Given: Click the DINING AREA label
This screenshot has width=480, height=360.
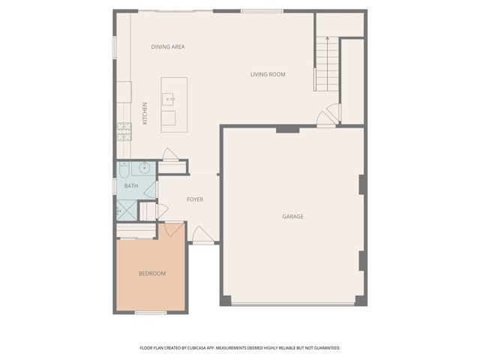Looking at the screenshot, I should (x=168, y=46).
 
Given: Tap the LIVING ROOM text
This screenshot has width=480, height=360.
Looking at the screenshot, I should (x=268, y=74).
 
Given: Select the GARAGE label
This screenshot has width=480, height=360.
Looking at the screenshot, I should (x=292, y=217).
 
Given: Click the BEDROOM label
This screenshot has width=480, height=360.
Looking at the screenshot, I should (x=152, y=274).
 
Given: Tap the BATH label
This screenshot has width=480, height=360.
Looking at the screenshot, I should (x=130, y=186).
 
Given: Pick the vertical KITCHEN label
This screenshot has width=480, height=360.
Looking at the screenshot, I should (x=145, y=112).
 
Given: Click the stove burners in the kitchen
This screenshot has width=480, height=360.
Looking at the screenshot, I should (x=123, y=133).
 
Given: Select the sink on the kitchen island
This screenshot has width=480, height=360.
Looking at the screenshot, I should (x=169, y=97).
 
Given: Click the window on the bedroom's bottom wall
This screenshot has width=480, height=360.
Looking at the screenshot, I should (x=150, y=312).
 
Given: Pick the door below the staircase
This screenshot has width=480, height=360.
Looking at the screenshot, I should (x=325, y=117).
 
